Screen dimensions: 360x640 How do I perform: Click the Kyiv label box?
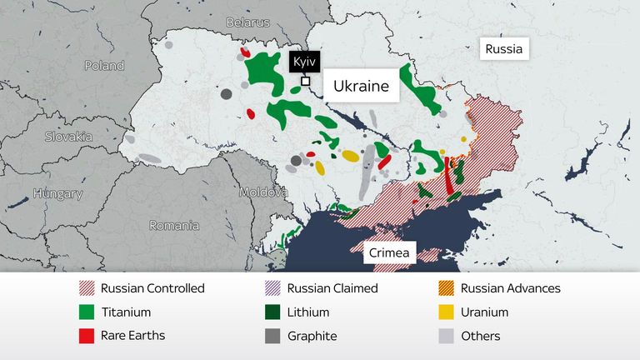click(304, 62)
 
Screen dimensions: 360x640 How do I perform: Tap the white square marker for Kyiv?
click(306, 82)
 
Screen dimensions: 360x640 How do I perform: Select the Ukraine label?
click(361, 86)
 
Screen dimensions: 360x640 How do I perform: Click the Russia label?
click(505, 49)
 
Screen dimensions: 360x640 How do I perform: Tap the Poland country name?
click(103, 65)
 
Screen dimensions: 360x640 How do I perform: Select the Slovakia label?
click(69, 137)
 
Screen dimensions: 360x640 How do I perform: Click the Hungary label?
click(57, 194)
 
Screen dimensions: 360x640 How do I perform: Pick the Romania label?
click(174, 225)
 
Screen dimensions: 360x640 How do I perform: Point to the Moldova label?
click(263, 192)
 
